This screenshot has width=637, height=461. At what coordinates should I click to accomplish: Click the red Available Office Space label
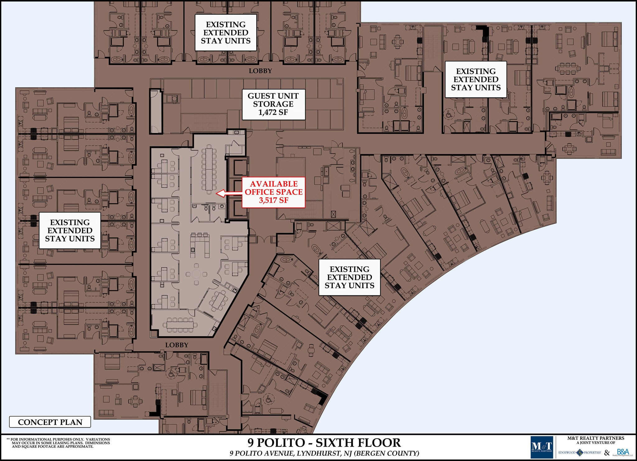(x=273, y=192)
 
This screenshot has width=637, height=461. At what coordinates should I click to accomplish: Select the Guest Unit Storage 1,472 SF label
(x=273, y=104)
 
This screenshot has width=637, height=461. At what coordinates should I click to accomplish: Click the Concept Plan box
(x=50, y=422)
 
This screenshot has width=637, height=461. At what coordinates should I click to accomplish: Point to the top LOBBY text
(x=260, y=71)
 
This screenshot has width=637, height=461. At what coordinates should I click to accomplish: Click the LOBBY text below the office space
(x=177, y=345)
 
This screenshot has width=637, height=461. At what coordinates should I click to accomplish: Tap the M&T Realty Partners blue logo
(x=542, y=447)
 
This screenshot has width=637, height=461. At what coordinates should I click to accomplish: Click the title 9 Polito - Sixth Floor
(x=324, y=442)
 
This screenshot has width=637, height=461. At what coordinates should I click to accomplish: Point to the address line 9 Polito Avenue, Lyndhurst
(x=324, y=453)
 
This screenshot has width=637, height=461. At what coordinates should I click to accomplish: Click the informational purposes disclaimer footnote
(x=58, y=443)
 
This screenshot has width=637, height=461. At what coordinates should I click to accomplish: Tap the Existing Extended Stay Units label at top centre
(x=226, y=33)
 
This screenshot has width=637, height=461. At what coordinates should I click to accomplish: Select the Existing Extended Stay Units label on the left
(x=70, y=230)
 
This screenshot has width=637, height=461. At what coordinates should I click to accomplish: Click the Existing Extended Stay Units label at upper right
(x=476, y=80)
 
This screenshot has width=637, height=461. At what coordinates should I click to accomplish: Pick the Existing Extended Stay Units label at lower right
(x=349, y=277)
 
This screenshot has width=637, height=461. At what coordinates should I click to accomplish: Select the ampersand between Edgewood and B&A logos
(x=607, y=453)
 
